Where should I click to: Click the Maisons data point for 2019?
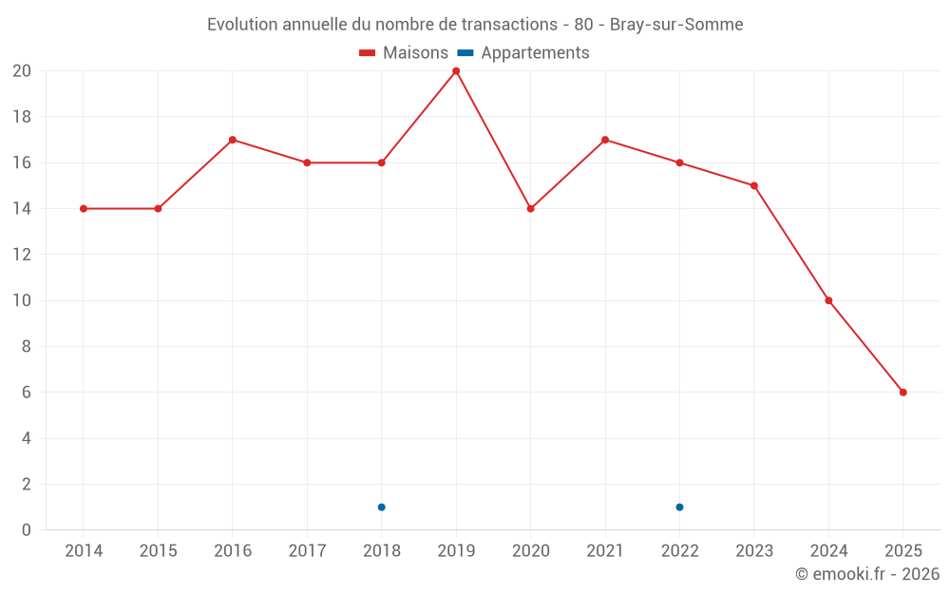click(x=456, y=71)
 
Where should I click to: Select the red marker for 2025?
click(x=902, y=393)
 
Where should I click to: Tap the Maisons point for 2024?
click(x=828, y=300)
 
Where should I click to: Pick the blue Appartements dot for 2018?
click(x=381, y=507)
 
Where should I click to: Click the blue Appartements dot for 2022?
click(x=679, y=507)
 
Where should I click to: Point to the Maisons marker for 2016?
click(x=233, y=140)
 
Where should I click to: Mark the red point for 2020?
click(x=530, y=209)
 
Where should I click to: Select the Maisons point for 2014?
click(x=84, y=209)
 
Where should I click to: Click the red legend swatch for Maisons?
click(x=368, y=53)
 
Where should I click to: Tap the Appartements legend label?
click(x=535, y=53)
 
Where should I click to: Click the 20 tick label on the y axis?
click(x=22, y=71)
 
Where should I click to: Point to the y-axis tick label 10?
click(x=22, y=300)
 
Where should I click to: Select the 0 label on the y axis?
click(x=27, y=530)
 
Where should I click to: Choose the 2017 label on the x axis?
click(x=307, y=551)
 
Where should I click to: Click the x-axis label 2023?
click(x=754, y=551)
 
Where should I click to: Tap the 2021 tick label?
click(x=605, y=551)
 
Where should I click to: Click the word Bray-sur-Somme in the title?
click(x=676, y=25)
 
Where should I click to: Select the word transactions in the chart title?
click(x=509, y=25)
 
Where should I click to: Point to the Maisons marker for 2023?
click(x=754, y=186)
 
